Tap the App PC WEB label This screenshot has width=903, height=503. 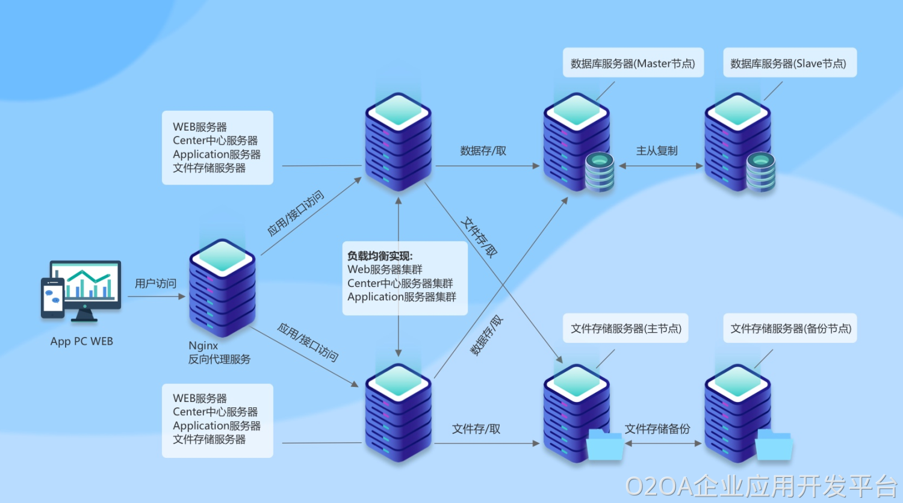coord(82,341)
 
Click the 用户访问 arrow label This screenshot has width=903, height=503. coord(155,283)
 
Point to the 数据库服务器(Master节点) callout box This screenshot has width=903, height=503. coord(633,63)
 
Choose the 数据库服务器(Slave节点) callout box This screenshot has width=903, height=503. coord(789,63)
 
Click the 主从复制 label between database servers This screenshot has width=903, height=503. coord(657,150)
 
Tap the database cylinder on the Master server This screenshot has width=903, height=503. coord(600,172)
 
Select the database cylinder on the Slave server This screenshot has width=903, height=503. coord(761,172)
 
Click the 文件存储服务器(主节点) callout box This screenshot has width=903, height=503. coord(626,329)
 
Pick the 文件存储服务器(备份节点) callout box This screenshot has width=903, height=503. coord(790,329)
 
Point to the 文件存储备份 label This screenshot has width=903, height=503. coord(657,429)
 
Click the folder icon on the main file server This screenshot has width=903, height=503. coord(604,446)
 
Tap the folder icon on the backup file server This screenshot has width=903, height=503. coord(774,446)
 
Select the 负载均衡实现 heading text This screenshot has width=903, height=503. coord(380,256)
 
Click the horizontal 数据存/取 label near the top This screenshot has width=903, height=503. coord(483,150)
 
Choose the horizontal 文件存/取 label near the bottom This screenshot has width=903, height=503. coord(476,429)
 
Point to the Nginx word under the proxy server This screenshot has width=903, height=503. coord(203,345)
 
